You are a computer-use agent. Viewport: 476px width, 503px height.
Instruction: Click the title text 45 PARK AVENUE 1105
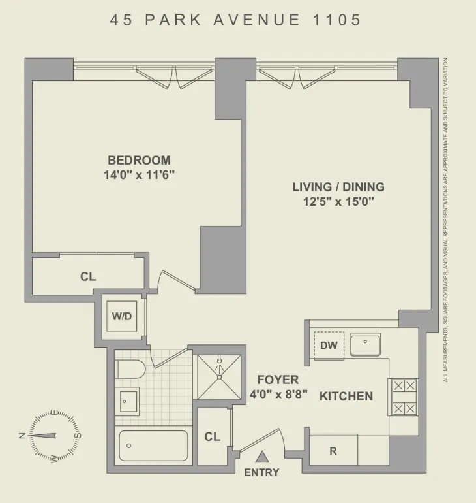pos(235,20)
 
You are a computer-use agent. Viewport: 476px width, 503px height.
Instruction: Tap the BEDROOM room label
pos(139,160)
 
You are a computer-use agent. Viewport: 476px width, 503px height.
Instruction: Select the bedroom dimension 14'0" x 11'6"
pos(139,174)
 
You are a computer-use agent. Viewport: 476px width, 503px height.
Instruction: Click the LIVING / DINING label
pos(338,187)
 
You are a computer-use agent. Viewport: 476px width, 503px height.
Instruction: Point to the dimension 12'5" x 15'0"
pos(338,202)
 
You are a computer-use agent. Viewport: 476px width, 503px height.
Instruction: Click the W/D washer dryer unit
pos(122,317)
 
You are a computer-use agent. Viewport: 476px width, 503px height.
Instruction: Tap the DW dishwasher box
pos(329,346)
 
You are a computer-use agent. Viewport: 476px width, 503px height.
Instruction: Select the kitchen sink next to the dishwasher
pos(366,344)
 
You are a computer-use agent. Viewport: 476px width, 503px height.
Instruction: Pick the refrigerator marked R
pos(333,450)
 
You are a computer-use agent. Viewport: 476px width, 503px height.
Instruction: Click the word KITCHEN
pos(346,396)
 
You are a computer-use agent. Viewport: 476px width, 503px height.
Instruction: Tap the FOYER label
pos(278,380)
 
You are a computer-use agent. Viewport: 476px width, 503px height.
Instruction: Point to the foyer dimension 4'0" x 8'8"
pos(278,394)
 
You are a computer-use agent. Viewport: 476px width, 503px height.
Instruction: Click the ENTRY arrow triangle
pos(262,458)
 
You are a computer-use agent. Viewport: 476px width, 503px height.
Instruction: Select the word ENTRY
pos(261,472)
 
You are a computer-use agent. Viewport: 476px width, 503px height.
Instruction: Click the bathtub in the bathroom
pos(153,446)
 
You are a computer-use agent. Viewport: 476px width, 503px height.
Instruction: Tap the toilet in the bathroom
pos(129,370)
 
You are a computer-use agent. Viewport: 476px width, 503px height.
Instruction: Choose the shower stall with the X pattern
pos(220,378)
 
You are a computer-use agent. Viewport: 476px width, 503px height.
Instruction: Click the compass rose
pos(50,436)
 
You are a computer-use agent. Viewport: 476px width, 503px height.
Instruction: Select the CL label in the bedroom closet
pos(88,276)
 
